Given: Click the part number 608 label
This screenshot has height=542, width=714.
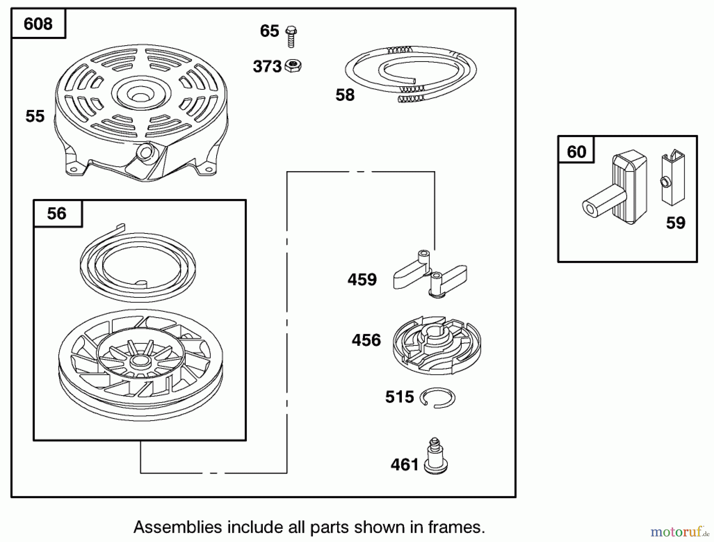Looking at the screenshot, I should click(x=38, y=24).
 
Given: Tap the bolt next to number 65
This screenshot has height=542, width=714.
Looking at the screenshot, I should click(x=291, y=37).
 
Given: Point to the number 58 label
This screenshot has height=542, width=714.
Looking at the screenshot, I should click(x=345, y=95).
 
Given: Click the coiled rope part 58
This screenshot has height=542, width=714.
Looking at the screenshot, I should click(x=411, y=71).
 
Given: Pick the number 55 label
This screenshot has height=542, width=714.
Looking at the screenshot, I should click(x=35, y=116).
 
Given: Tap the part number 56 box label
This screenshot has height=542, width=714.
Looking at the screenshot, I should click(x=57, y=214).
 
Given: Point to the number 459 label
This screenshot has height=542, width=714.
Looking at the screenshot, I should click(x=362, y=280).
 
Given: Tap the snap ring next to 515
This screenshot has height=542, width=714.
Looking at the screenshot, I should click(x=438, y=398).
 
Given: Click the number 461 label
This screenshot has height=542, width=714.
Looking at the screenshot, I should click(x=404, y=465).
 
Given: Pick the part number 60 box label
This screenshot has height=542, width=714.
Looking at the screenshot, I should click(x=576, y=152).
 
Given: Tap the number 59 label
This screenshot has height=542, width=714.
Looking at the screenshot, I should click(x=676, y=223).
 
